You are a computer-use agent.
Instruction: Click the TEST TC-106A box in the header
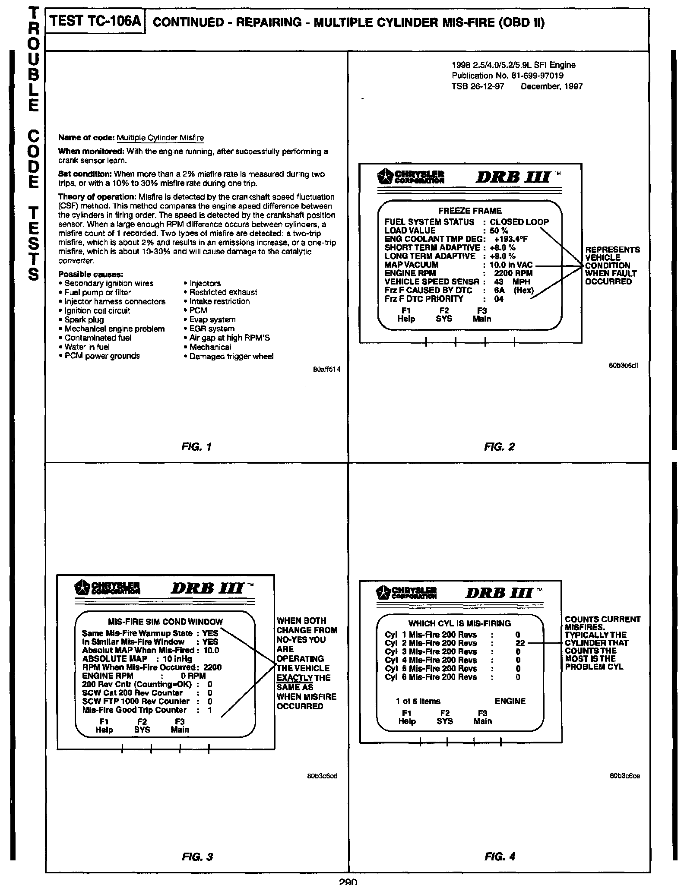(x=96, y=22)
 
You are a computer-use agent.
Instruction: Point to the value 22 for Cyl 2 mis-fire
(x=519, y=643)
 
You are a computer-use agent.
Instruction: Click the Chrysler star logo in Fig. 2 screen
(x=384, y=177)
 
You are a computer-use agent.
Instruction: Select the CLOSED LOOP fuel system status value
(x=519, y=222)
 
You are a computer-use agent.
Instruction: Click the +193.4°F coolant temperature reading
(x=511, y=239)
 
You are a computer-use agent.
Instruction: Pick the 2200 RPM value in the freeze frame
(x=513, y=273)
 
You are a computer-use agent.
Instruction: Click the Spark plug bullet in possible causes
(x=84, y=320)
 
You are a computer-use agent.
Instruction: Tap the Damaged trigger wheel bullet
(x=231, y=357)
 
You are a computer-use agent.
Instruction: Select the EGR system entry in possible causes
(x=212, y=329)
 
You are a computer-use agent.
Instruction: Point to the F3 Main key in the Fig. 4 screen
(x=482, y=717)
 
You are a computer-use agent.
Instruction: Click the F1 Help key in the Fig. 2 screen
(x=406, y=315)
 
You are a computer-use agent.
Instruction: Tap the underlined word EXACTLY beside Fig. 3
(x=294, y=677)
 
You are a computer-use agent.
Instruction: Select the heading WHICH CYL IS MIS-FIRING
(x=459, y=623)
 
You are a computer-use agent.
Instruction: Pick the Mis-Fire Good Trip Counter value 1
(x=210, y=710)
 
